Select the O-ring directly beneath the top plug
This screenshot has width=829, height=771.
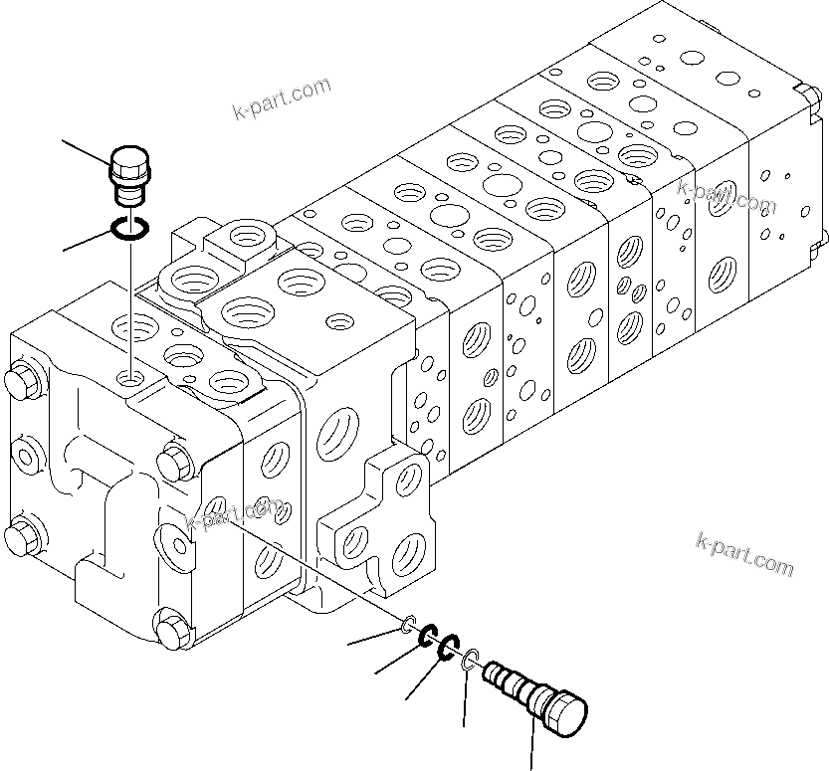click(x=130, y=229)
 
